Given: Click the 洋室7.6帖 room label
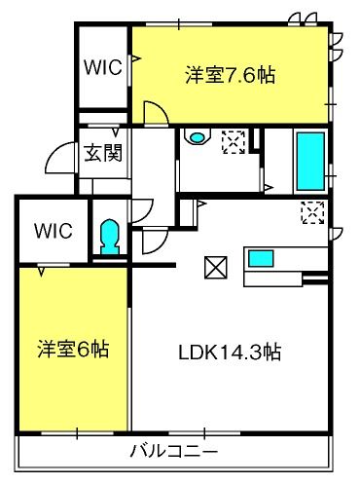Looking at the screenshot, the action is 230,75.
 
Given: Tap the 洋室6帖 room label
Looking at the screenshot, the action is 73,350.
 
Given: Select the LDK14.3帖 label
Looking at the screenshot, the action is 230,352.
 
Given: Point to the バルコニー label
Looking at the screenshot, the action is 174,451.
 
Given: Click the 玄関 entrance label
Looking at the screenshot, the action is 103,153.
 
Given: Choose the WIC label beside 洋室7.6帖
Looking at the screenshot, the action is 103,67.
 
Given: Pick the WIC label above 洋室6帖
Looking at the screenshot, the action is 54,231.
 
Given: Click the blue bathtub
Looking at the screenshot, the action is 310,161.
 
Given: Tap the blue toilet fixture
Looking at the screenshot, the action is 109,237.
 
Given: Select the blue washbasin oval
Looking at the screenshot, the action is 197,138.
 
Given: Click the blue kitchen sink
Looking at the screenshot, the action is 261,259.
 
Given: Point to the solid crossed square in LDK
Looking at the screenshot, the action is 216,267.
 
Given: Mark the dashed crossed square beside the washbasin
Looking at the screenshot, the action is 234,142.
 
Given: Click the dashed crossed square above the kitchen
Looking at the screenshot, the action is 312,212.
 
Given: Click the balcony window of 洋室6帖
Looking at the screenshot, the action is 78,433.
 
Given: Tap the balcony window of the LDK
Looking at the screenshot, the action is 204,433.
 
